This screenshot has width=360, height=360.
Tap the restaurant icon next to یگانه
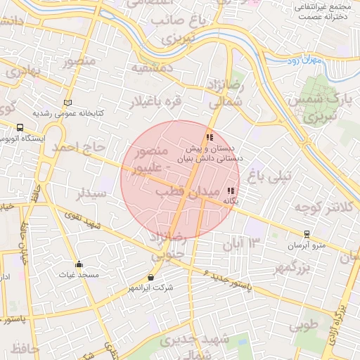231,191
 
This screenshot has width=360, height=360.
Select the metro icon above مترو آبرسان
307,234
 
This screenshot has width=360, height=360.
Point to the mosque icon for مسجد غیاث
79,264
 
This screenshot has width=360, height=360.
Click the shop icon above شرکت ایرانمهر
150,277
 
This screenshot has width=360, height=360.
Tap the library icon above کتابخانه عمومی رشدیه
67,103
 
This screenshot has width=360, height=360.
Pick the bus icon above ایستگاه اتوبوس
20,128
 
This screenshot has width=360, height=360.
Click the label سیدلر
92,193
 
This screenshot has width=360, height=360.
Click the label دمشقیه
151,69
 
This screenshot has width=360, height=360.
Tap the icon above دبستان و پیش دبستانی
209,137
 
